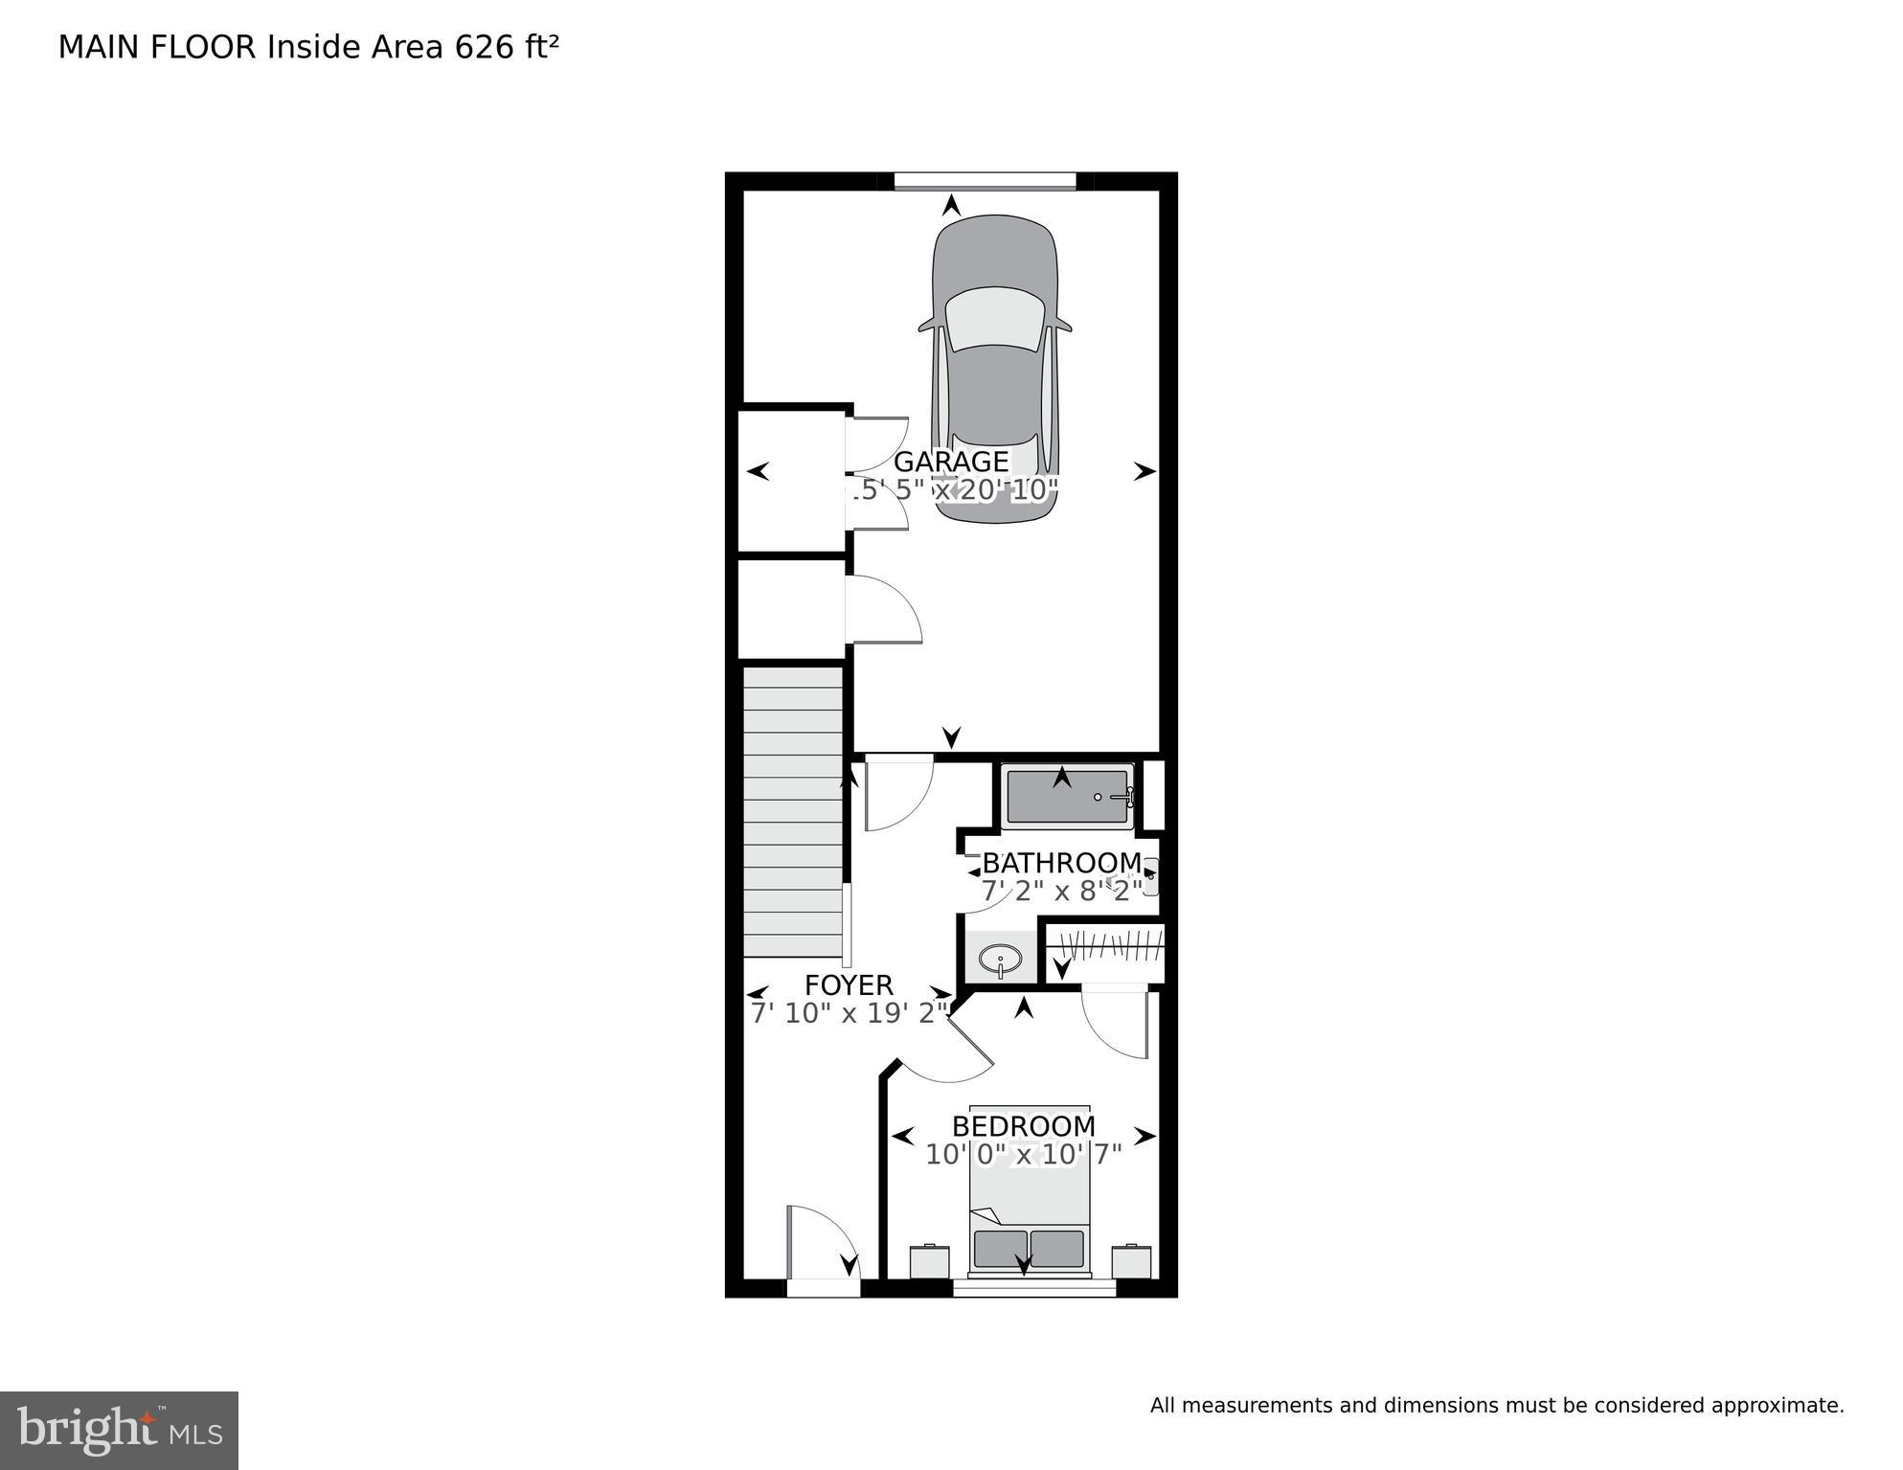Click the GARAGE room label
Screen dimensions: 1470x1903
(950, 462)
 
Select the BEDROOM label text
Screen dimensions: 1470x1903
(1023, 1126)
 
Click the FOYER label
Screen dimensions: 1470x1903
(849, 985)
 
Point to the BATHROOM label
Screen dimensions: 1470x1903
(1061, 863)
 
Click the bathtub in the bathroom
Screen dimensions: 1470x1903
(1065, 797)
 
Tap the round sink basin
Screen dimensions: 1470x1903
(1001, 957)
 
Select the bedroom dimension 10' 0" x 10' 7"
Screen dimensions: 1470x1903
(1023, 1155)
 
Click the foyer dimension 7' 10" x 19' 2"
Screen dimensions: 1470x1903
(849, 1013)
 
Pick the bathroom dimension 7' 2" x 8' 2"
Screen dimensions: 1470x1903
(1061, 892)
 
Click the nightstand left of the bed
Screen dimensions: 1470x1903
(929, 1261)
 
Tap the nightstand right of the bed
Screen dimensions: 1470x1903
(1131, 1261)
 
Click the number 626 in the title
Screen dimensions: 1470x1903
(485, 47)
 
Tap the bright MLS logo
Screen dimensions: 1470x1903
(119, 1431)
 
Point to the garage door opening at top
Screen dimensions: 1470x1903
(985, 181)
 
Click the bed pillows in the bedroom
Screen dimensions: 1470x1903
(1029, 1249)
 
